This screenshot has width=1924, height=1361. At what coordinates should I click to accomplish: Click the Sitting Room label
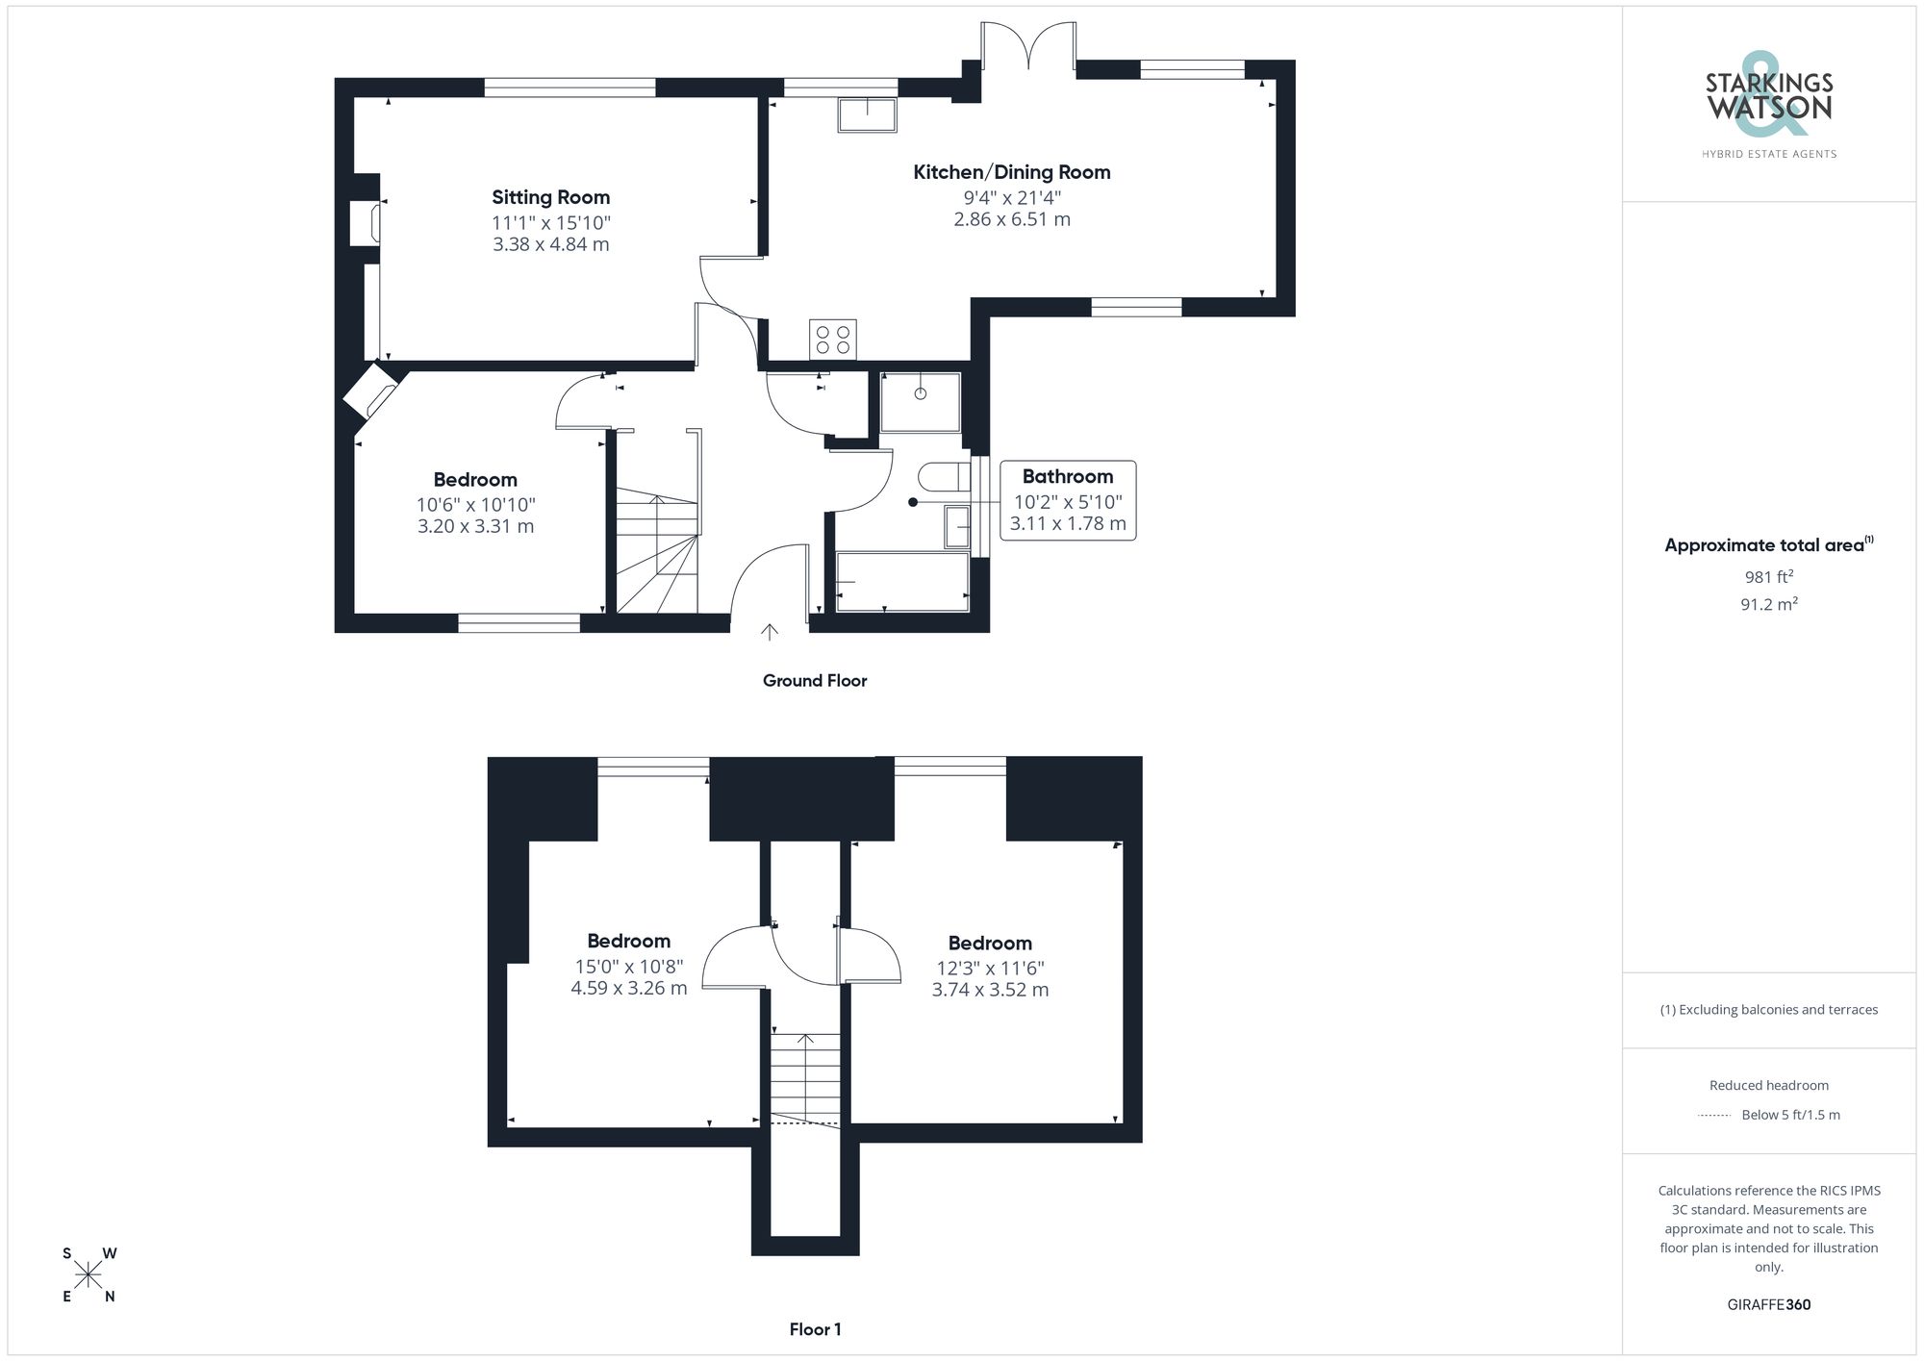tap(550, 197)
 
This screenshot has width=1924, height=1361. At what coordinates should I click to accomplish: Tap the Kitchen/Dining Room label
tap(1011, 172)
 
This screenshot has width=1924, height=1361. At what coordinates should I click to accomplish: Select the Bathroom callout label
tap(1067, 477)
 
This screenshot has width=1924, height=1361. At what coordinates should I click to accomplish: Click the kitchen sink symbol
tap(867, 115)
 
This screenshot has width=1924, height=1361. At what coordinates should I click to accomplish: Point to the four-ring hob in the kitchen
tap(832, 339)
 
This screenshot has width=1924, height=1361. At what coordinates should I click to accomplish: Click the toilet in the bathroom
tap(943, 476)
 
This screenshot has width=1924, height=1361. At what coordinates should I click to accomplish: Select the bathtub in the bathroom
tap(901, 581)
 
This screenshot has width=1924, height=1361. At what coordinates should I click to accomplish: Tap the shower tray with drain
tap(920, 402)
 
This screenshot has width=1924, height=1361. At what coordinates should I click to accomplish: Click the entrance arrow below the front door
tap(770, 632)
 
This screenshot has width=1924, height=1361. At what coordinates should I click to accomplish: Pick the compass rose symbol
tap(89, 1275)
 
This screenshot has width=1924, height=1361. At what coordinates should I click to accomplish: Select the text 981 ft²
tap(1768, 577)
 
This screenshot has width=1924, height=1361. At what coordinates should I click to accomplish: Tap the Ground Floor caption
tap(815, 681)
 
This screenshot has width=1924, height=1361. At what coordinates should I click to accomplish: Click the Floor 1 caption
tap(815, 1329)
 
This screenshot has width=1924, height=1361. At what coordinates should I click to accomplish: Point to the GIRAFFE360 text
tap(1768, 1305)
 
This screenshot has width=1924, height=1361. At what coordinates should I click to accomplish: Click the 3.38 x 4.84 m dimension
tap(550, 244)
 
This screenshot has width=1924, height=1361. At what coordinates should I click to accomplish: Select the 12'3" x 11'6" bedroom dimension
tap(990, 969)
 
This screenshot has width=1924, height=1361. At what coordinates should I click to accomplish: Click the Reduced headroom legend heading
tap(1768, 1085)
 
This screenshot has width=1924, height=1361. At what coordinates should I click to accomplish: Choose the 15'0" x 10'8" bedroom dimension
tap(629, 967)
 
